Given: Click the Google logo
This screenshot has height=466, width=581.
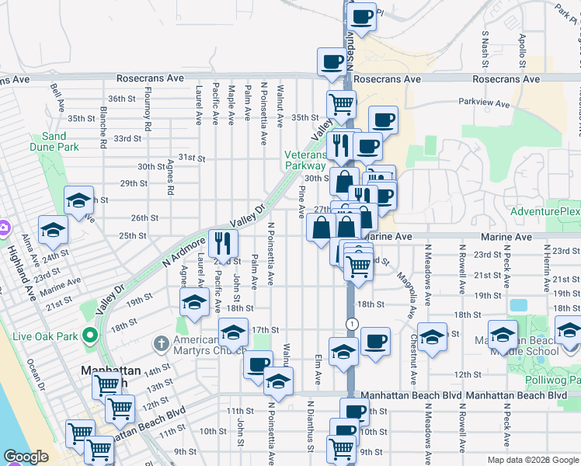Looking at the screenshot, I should point(26,457).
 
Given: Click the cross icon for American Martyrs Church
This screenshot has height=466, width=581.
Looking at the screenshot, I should point(160,343).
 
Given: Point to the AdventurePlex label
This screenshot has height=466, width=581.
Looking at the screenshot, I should point(545,211).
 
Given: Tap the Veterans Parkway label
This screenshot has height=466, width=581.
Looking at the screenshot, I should point(304,160).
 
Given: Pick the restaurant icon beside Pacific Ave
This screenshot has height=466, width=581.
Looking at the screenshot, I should point(223,243).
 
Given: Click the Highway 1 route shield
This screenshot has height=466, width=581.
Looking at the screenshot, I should point(353,323).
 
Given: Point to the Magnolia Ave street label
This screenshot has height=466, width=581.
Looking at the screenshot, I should point(403,294).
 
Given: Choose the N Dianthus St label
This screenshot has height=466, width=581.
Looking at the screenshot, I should point(310,426).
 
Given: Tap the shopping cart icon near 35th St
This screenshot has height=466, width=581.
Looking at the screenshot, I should point(340,104).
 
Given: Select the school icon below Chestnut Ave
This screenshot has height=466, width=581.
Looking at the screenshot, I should point(433,336).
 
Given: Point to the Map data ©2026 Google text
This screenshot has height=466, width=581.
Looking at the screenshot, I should point(533,460).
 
